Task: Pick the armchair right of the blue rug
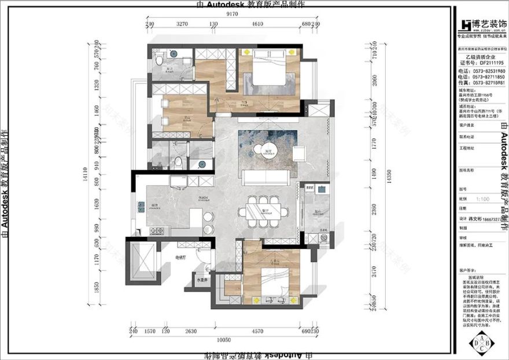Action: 300,153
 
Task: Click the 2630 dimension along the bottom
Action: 190,331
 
